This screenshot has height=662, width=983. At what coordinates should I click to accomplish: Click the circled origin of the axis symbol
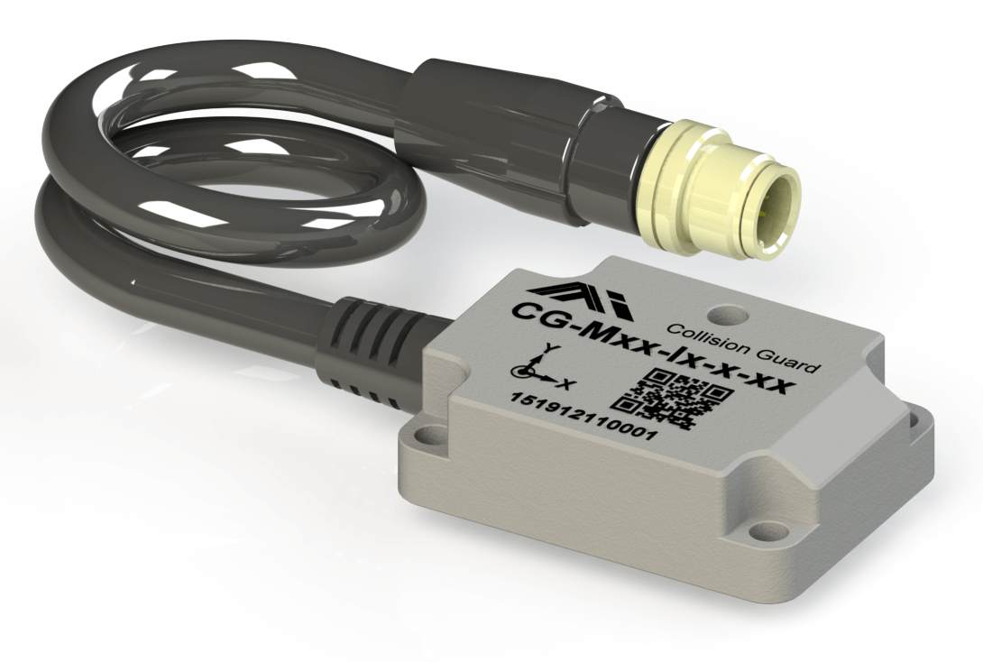[520, 371]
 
